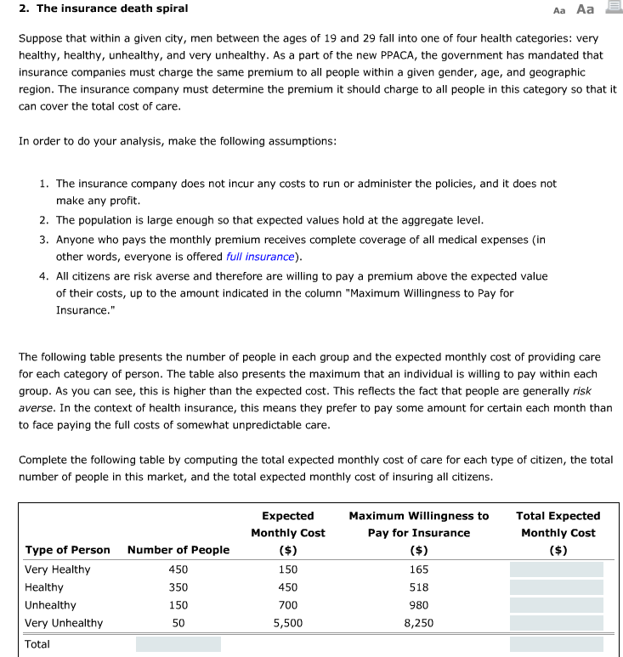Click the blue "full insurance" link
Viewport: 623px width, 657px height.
pos(259,257)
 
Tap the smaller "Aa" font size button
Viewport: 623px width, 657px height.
pos(558,10)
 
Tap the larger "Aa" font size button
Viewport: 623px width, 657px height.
pos(585,9)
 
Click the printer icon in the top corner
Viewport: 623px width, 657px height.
pos(612,8)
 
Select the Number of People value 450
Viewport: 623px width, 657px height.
pos(178,569)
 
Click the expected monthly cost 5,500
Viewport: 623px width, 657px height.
pos(287,623)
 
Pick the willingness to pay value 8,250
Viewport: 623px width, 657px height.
pos(418,623)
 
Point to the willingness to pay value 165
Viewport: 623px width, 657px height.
pos(418,569)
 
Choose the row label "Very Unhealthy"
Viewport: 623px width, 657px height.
pos(64,623)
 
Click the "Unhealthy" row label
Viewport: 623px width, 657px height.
pos(50,605)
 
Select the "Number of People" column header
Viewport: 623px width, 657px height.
pos(178,550)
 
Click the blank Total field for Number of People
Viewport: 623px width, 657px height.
pos(178,644)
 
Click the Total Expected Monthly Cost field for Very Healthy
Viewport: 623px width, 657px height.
pos(556,569)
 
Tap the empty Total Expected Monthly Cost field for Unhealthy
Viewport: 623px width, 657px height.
pos(556,605)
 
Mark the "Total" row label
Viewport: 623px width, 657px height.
pos(37,644)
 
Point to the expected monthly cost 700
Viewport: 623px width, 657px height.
pos(287,605)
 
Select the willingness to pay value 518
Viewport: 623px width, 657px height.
pos(418,587)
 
